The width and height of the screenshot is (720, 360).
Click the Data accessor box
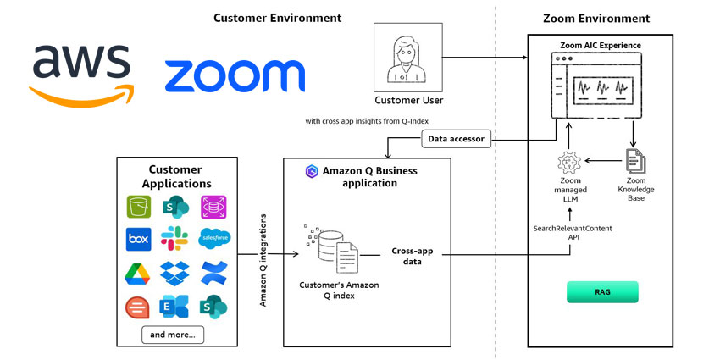pos(456,139)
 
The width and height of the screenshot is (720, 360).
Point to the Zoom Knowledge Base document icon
pos(635,161)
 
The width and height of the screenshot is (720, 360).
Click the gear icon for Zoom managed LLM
pos(569,162)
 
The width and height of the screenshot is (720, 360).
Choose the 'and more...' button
pos(172,335)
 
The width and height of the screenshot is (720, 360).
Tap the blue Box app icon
pos(138,239)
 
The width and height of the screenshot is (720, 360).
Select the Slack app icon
pos(175,239)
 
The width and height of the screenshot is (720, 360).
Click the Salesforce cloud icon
pos(213,238)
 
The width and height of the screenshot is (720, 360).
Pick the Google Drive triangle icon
pos(138,274)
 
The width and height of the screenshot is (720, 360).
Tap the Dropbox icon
pos(175,273)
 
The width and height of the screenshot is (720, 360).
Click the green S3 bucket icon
pos(138,206)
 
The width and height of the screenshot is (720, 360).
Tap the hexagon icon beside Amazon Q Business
pos(311,171)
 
